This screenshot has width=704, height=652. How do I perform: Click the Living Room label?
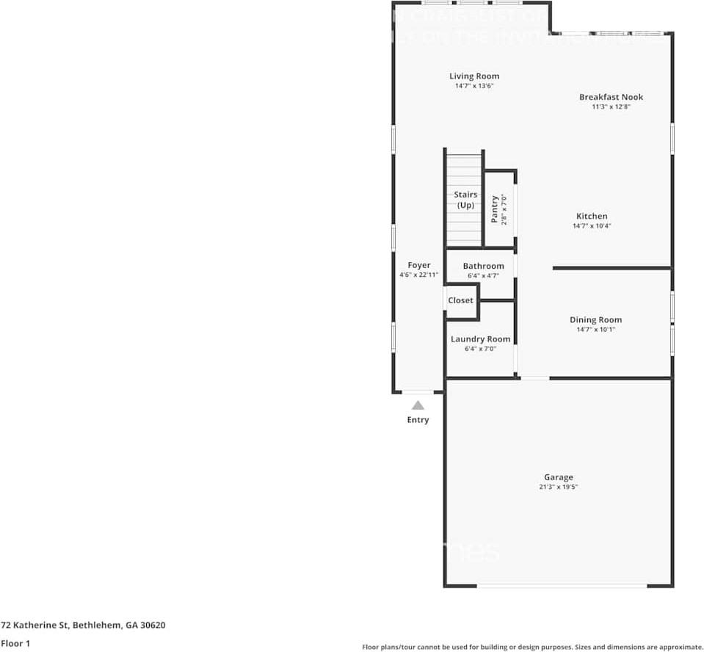[474, 76]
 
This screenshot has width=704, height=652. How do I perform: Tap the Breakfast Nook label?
[611, 97]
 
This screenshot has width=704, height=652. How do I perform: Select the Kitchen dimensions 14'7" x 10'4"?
[592, 226]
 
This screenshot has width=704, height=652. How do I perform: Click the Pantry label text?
[495, 209]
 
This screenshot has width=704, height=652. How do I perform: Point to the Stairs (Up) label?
[465, 200]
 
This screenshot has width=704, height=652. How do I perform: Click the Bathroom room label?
[483, 266]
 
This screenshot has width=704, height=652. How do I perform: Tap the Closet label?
[461, 300]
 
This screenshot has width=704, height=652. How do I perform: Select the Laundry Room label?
[480, 339]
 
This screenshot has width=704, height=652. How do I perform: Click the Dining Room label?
[595, 319]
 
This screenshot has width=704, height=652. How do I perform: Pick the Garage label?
[558, 477]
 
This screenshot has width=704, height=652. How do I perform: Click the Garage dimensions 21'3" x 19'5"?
[558, 487]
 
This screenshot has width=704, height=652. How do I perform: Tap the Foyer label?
[419, 265]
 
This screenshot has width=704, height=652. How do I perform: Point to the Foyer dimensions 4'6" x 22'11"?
[419, 275]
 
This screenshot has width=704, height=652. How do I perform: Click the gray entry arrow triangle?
[418, 405]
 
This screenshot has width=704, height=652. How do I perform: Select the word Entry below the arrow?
[418, 420]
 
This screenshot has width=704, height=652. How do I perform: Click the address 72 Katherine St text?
[83, 626]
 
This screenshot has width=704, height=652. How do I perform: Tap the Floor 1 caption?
[15, 643]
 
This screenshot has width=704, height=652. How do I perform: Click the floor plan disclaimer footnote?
[532, 647]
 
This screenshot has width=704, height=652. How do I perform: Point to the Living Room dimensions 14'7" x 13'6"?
[474, 86]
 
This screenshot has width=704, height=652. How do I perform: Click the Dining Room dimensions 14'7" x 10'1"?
[595, 330]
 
